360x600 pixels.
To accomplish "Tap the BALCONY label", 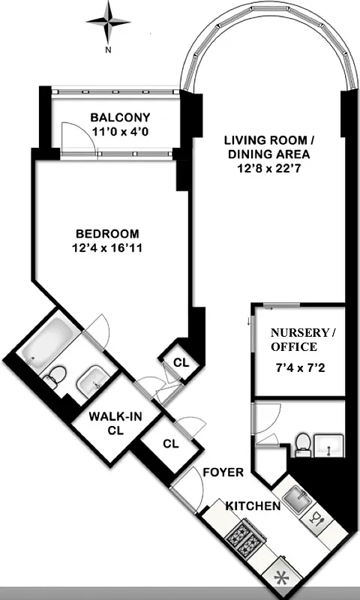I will tap(120, 118).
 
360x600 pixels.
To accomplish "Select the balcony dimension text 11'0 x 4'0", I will tap(120, 132).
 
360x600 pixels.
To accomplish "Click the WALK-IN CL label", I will tap(104, 423).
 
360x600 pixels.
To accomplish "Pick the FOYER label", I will tap(223, 472).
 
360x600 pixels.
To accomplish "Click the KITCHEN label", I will tap(253, 506).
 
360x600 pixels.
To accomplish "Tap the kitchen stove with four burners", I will tap(243, 541).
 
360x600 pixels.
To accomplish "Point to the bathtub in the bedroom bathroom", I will tap(48, 341).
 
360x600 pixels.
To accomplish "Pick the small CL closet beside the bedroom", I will tap(180, 361).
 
